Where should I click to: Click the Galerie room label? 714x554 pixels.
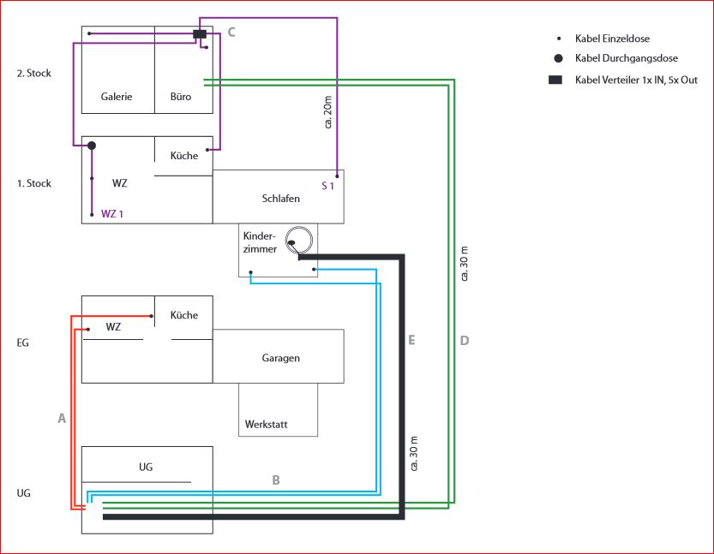coord(117,97)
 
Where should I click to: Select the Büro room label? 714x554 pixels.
coord(181,97)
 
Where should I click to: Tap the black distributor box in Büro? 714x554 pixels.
coord(200,34)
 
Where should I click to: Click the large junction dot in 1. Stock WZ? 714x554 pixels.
coord(92,146)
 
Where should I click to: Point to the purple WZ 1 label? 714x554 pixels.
coord(112,214)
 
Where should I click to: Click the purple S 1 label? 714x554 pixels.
coord(327,186)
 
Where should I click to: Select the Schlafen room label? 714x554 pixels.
coord(281,199)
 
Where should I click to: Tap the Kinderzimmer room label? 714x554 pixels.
coord(260,242)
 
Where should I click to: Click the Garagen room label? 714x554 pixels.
coord(281,358)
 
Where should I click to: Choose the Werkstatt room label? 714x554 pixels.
coord(267,425)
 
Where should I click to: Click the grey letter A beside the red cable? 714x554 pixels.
coord(62,418)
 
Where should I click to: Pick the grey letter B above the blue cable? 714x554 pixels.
coord(276,480)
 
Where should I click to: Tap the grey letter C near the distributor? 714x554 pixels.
coord(231,33)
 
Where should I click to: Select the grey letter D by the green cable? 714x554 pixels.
coord(465,340)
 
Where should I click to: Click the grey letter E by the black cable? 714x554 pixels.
coord(411,340)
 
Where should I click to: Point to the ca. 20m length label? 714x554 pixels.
coord(327,112)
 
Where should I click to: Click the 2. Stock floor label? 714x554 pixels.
coord(34,74)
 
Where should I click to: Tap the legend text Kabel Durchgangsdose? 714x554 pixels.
coord(627,58)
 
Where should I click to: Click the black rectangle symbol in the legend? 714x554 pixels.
coord(555,80)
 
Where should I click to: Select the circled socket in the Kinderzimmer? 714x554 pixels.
coord(298,240)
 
